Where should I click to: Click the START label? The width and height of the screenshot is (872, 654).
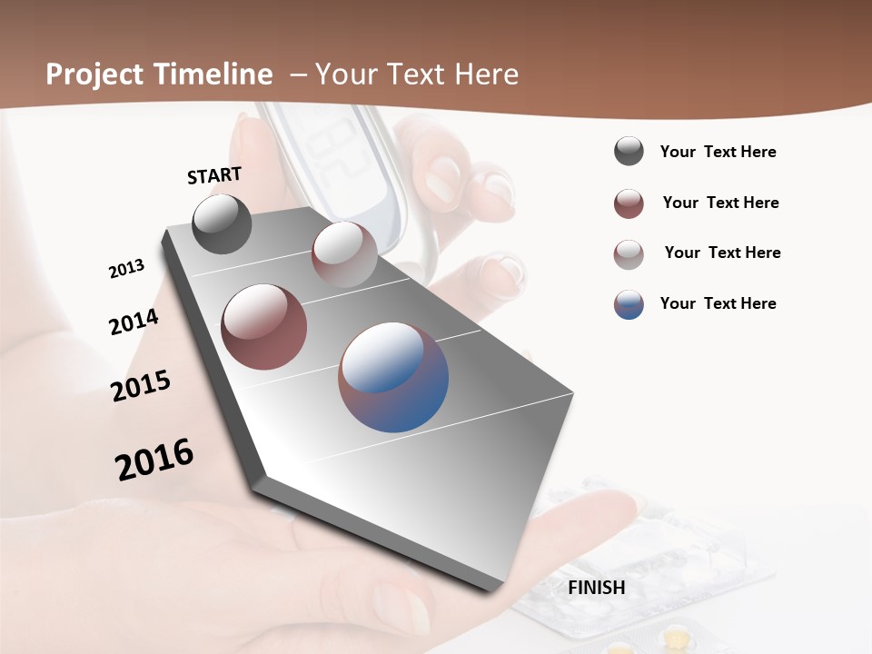[214, 175]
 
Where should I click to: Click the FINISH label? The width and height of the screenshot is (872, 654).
[596, 588]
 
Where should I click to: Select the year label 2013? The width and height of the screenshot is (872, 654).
[126, 269]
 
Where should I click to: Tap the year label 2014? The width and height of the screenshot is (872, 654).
[134, 322]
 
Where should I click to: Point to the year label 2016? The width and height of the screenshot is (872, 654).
[154, 460]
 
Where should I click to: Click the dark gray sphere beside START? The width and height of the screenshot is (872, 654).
[223, 223]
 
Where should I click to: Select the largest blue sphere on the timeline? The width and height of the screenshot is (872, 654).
[393, 377]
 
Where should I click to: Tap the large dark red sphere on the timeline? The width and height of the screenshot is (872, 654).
[264, 327]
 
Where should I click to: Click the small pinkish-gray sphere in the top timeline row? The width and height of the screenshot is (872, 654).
[344, 254]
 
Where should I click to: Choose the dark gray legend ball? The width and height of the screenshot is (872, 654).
[629, 152]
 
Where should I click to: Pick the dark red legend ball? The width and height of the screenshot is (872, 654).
[629, 203]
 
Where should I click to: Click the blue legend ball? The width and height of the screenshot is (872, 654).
[629, 304]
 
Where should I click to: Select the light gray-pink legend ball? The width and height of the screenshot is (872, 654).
[629, 254]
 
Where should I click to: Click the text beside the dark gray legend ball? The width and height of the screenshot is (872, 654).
[718, 152]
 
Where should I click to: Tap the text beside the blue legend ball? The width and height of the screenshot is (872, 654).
[718, 303]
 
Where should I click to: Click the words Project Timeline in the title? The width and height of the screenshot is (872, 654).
[159, 74]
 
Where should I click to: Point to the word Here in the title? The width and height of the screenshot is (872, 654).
[487, 74]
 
